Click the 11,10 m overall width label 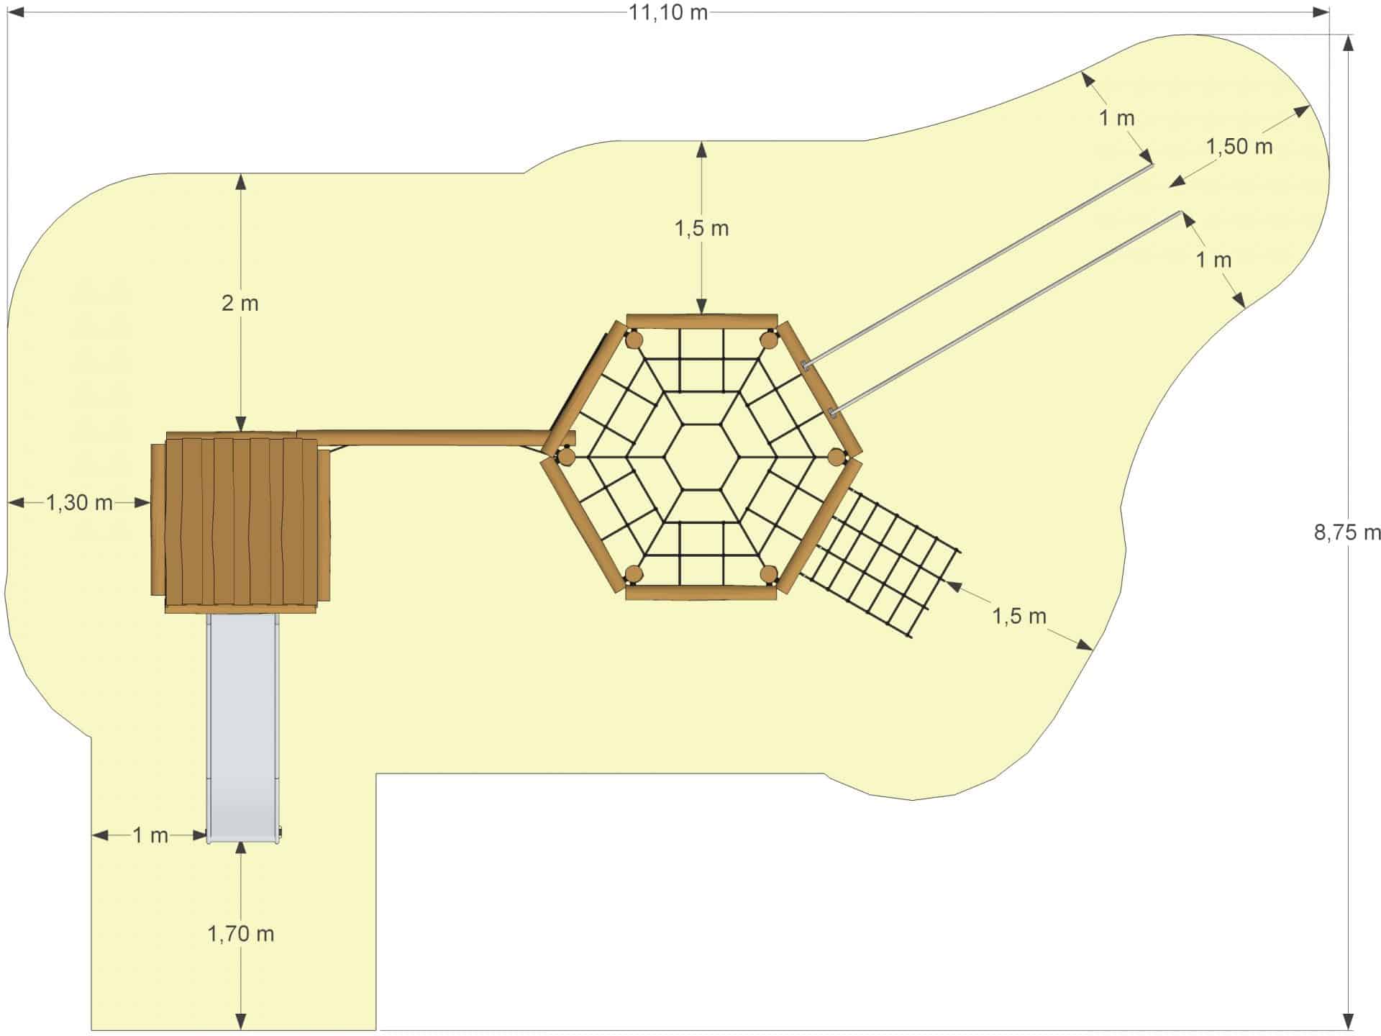coord(668,13)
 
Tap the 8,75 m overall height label coord(1347,532)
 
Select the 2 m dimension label coord(240,303)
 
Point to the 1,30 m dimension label coord(80,502)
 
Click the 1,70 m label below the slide coord(241,934)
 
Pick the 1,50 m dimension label coord(1239,147)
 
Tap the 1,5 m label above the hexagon coord(701,229)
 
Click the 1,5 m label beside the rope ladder coord(1019,616)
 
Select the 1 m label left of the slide coord(150,835)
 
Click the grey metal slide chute coord(242,727)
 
